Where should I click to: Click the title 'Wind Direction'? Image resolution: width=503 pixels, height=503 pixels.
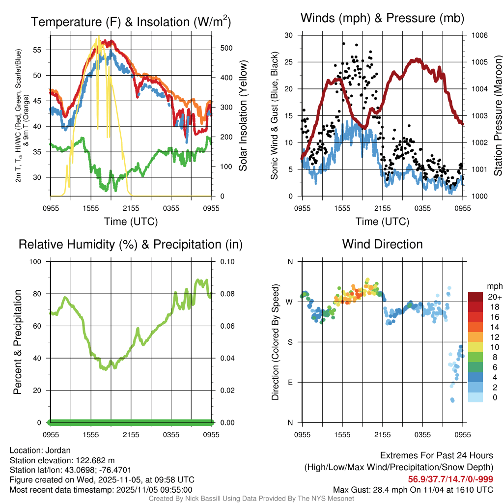[382, 244]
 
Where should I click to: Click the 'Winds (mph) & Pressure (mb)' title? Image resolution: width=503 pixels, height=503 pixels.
[382, 19]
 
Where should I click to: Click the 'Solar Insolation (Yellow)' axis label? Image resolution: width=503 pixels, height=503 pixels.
[243, 116]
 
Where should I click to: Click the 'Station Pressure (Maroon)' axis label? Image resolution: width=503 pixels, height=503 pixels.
[497, 116]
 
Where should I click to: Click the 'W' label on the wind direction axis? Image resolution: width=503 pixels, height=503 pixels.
[290, 302]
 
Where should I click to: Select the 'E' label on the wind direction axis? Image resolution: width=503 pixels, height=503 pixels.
[290, 382]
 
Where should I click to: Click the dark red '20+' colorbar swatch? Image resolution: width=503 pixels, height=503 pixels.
[475, 297]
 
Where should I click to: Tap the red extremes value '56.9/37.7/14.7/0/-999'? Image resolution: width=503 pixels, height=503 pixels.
[450, 479]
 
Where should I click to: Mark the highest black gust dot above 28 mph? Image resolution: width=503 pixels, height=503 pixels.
[344, 44]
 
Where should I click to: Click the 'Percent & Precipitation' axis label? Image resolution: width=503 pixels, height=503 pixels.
[18, 342]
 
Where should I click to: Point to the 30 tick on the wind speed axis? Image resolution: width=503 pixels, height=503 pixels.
[289, 35]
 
